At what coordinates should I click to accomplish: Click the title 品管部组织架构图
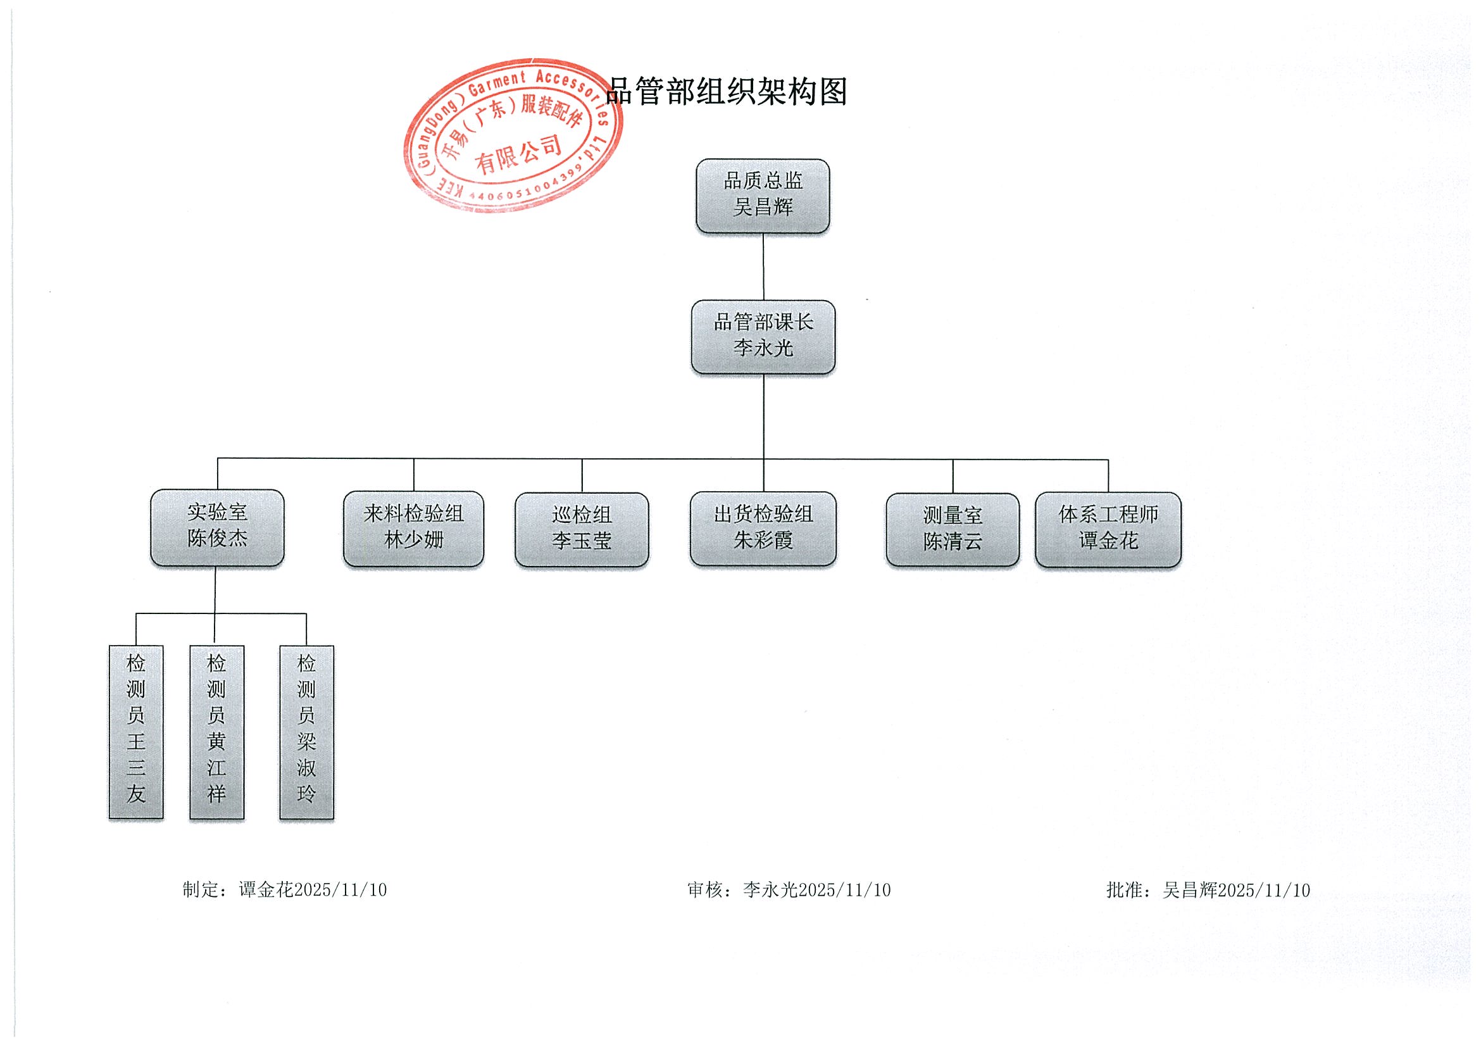coord(727,92)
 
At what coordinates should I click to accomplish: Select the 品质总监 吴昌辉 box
coord(763,195)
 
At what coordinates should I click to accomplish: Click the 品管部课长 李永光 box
coord(763,336)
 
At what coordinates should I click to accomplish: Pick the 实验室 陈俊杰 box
coord(217,527)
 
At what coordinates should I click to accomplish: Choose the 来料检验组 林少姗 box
coord(413,529)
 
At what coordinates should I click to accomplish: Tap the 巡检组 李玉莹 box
coord(581,529)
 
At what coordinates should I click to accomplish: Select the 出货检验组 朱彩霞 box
coord(763,529)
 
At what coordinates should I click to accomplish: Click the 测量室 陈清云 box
coord(952,530)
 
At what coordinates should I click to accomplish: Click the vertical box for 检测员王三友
coord(136,732)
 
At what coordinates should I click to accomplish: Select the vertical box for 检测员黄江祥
coord(216,732)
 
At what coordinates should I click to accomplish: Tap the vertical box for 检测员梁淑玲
coord(306,732)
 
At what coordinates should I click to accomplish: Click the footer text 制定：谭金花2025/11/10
coord(284,890)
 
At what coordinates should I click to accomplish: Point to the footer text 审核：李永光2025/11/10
coord(788,890)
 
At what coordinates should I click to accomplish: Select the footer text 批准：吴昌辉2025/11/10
coord(1208,890)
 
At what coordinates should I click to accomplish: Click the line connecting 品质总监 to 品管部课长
coord(764,266)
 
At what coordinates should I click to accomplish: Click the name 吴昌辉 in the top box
coord(763,207)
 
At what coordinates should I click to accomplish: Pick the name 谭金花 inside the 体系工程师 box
coord(1108,541)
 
